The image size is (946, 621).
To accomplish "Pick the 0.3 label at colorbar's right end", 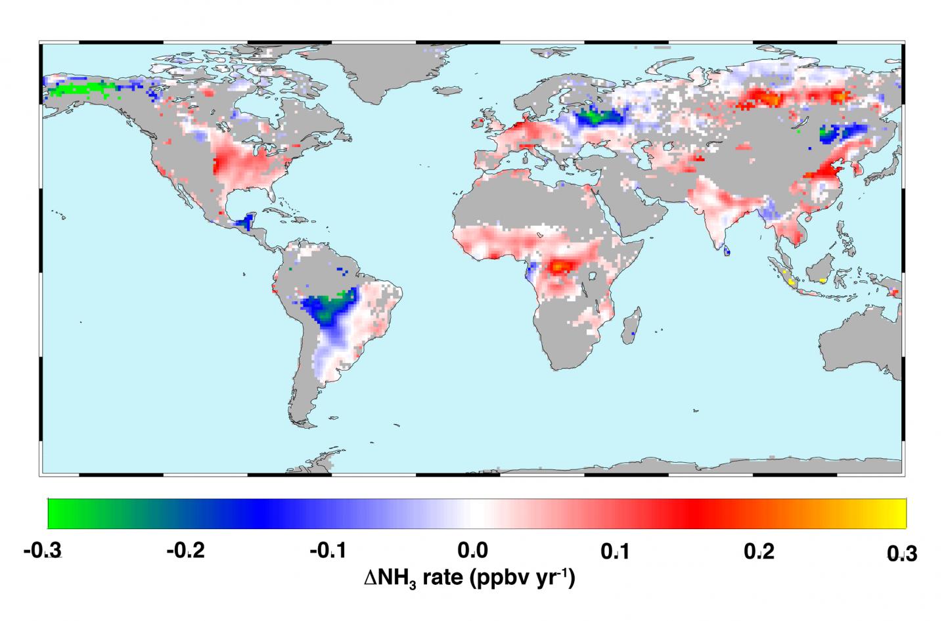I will [x=901, y=553].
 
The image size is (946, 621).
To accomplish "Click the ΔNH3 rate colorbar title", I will [x=470, y=578].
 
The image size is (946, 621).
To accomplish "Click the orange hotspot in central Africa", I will [x=559, y=267].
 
